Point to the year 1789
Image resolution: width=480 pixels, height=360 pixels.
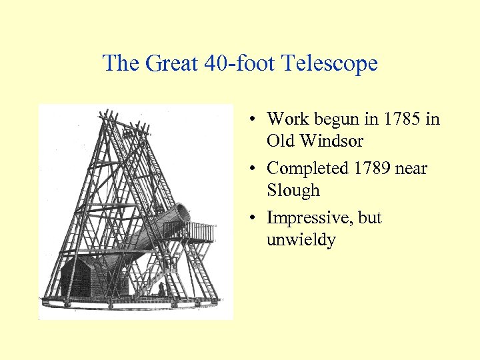click(x=377, y=169)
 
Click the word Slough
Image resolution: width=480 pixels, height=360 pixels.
click(x=293, y=191)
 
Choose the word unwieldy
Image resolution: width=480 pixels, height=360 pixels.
click(x=301, y=240)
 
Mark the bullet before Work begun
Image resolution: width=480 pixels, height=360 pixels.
click(x=254, y=120)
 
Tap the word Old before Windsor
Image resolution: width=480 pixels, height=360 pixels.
click(x=281, y=141)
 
